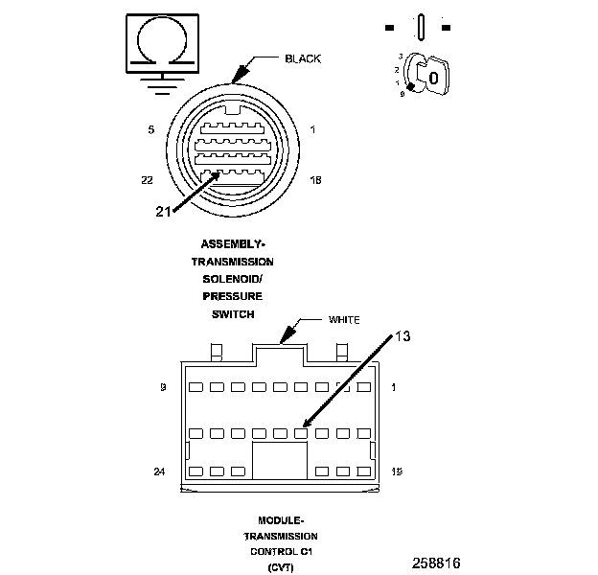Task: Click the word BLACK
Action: click(303, 59)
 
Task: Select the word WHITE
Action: click(344, 319)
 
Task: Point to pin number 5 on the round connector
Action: click(151, 129)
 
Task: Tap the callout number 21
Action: click(163, 212)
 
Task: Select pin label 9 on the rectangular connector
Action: click(164, 388)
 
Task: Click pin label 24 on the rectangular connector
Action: click(160, 471)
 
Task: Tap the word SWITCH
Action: click(233, 314)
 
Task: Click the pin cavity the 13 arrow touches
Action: click(300, 431)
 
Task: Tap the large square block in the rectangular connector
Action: click(279, 460)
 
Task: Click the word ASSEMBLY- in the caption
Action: click(233, 243)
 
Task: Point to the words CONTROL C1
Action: click(281, 553)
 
